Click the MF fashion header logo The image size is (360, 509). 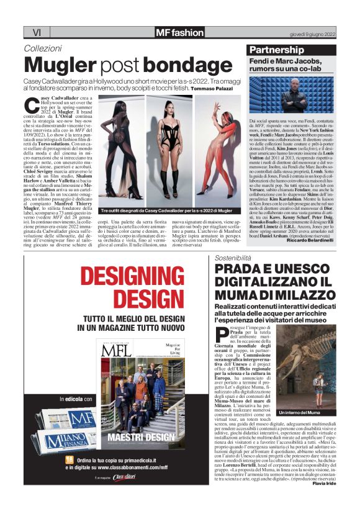click(179, 32)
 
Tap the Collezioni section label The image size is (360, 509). click(43, 48)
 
